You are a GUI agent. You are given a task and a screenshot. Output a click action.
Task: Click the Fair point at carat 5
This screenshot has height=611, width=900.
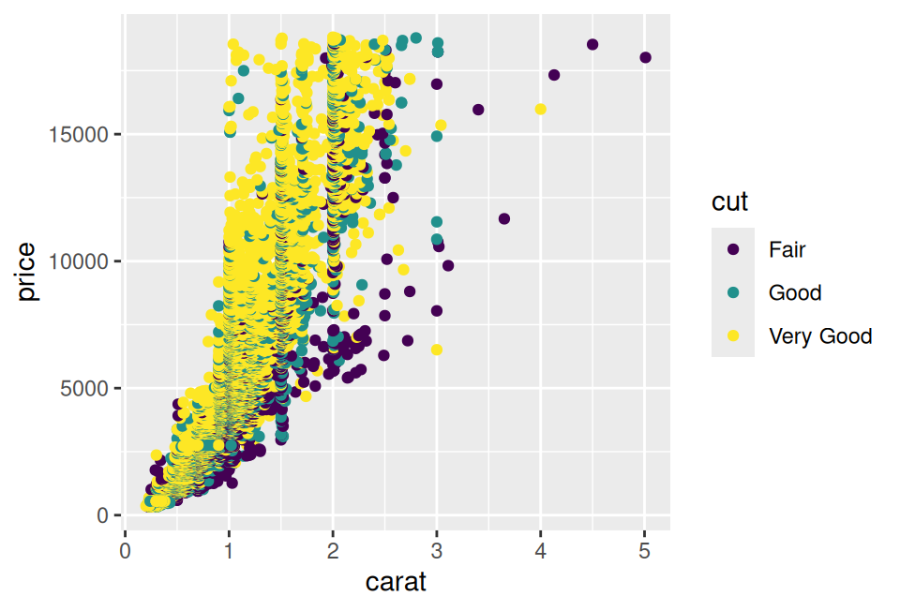645,57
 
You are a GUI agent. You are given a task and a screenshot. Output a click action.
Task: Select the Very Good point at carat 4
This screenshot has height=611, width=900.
541,109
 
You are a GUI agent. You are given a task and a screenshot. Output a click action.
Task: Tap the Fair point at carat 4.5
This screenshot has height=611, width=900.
592,44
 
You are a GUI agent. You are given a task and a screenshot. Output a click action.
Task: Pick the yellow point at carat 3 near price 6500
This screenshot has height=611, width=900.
437,350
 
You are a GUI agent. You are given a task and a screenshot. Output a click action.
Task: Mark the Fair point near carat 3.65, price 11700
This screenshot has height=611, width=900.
504,218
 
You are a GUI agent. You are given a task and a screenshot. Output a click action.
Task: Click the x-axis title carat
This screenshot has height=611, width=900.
396,582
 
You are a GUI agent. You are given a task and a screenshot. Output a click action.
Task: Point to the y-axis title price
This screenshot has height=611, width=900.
27,272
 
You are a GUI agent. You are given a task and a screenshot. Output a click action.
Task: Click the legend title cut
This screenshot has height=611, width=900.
729,201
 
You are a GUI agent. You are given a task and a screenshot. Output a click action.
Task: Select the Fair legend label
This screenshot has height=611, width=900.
787,249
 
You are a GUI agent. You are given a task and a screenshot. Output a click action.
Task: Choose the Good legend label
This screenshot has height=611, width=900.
795,292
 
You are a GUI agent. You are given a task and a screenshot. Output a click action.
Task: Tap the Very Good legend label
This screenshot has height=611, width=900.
820,335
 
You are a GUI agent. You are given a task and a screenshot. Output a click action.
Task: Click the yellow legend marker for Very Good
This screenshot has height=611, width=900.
733,335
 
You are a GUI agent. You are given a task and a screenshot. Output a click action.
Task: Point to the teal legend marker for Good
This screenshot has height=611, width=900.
733,292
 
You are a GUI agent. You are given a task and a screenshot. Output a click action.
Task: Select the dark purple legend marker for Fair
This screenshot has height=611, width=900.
733,249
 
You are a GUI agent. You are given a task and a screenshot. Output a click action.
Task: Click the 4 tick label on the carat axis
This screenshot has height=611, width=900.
541,549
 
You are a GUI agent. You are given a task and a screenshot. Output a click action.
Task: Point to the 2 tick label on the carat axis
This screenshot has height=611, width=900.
333,549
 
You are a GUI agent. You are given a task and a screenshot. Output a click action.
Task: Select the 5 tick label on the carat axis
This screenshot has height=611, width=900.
645,549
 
